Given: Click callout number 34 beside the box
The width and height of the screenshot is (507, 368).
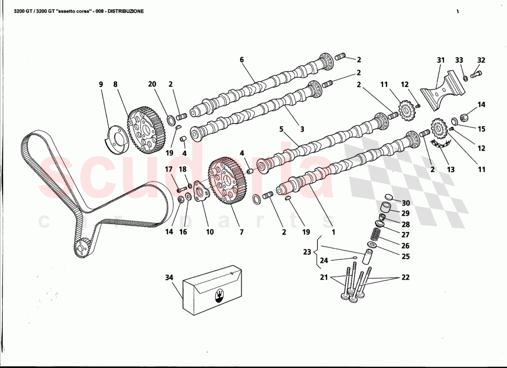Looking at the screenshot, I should [169, 277].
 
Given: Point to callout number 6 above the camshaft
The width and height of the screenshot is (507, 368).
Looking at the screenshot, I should [241, 59].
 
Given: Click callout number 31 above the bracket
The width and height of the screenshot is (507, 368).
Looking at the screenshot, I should [441, 60].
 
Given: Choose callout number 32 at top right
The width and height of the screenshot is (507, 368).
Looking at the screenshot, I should [481, 60].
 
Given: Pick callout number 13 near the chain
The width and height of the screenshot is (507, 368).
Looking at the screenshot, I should [450, 169].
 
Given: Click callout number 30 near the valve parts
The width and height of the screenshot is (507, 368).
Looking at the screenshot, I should [406, 203].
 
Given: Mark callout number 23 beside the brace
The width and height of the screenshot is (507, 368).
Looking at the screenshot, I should [307, 252].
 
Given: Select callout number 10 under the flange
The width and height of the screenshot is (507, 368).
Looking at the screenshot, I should [210, 232].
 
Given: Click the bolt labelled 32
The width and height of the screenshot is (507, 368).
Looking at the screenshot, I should [476, 73].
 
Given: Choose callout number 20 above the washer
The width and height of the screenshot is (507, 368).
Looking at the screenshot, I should [152, 84].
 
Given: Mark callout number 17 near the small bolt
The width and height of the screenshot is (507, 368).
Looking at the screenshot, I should [169, 169].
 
